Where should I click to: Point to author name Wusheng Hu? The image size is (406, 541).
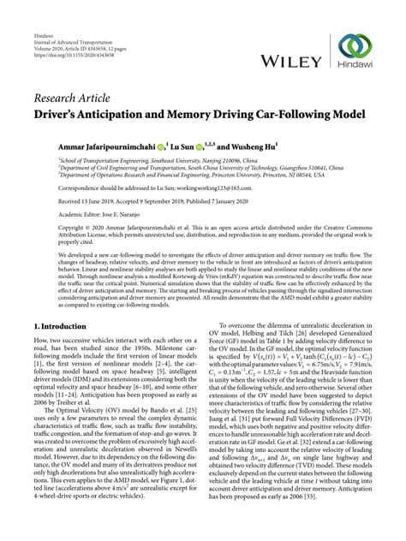[253, 148]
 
